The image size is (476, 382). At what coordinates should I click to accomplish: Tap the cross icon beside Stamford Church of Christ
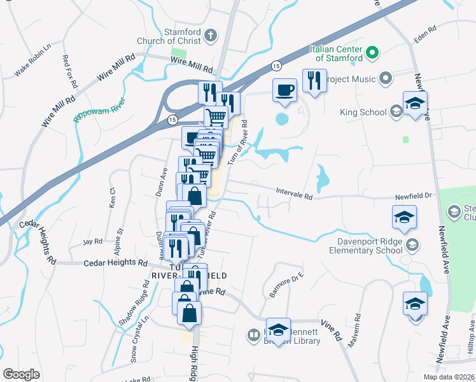click(x=212, y=36)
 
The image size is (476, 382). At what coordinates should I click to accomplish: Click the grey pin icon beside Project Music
click(x=385, y=79)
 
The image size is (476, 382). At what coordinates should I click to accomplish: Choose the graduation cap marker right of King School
click(x=415, y=104)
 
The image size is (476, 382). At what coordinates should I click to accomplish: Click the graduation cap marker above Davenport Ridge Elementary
click(x=404, y=218)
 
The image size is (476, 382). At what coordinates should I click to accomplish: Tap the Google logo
click(x=22, y=374)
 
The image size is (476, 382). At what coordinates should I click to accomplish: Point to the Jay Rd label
click(x=92, y=241)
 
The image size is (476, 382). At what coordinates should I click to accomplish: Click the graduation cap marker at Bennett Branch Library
click(x=278, y=330)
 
